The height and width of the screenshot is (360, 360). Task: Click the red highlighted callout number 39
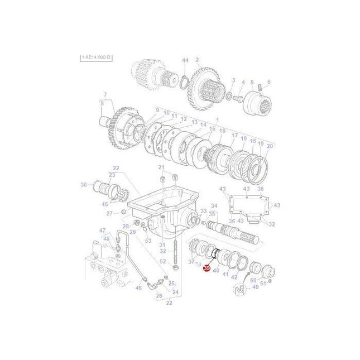point(208,269)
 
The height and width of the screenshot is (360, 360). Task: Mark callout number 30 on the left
point(84,185)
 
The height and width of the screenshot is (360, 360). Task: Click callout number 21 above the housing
point(161,167)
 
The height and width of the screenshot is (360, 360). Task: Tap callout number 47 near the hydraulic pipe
point(102,230)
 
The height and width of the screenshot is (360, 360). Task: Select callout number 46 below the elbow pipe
point(138,289)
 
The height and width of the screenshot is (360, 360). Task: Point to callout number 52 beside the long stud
point(162,262)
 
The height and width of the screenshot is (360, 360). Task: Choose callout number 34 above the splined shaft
point(214,206)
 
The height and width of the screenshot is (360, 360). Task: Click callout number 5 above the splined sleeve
point(252,81)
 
